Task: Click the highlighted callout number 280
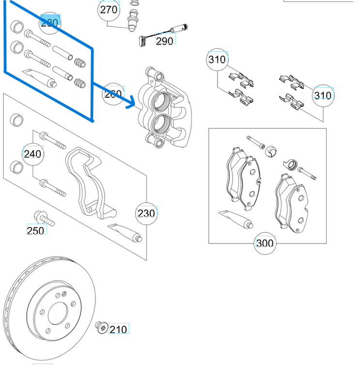point(49,22)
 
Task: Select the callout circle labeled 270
point(109,10)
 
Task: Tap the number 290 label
point(165,41)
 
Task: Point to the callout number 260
point(113,93)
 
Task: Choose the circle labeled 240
point(33,154)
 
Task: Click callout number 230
point(146,213)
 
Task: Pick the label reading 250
point(35,230)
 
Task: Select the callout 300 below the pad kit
point(265,243)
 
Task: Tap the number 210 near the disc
point(118,330)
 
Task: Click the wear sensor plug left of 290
point(143,41)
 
